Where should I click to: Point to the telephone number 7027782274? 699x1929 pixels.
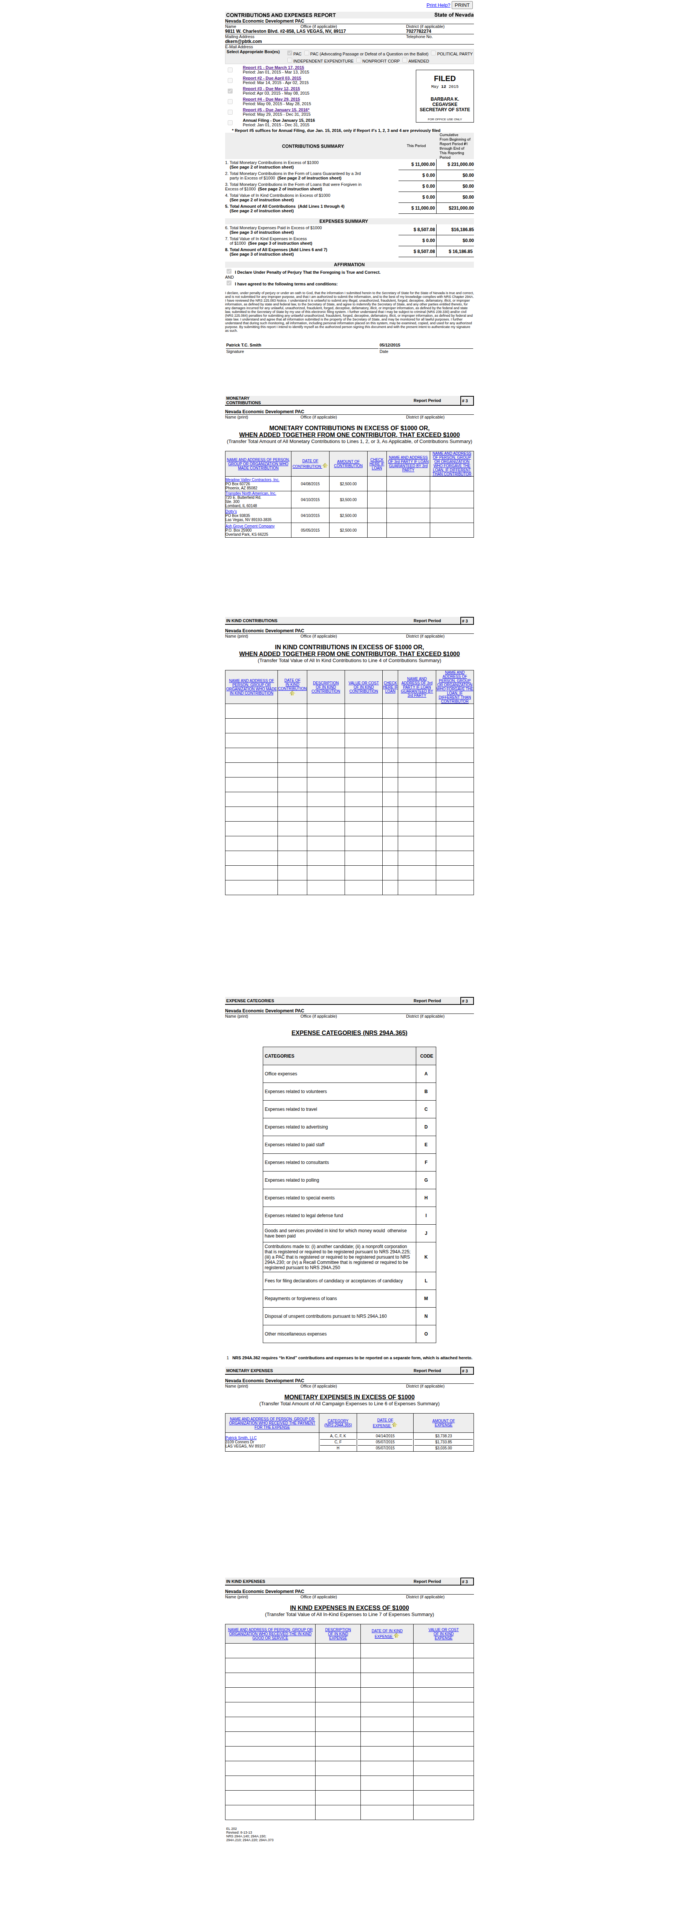click(x=418, y=31)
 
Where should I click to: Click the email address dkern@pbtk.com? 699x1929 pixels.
click(x=243, y=41)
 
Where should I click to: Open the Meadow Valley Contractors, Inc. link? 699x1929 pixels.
click(x=252, y=479)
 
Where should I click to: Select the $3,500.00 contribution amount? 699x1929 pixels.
click(x=348, y=500)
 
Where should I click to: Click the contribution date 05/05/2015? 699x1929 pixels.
click(x=310, y=530)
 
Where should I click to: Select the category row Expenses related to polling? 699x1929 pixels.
click(x=292, y=1180)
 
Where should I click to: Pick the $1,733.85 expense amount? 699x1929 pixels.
click(x=443, y=1442)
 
